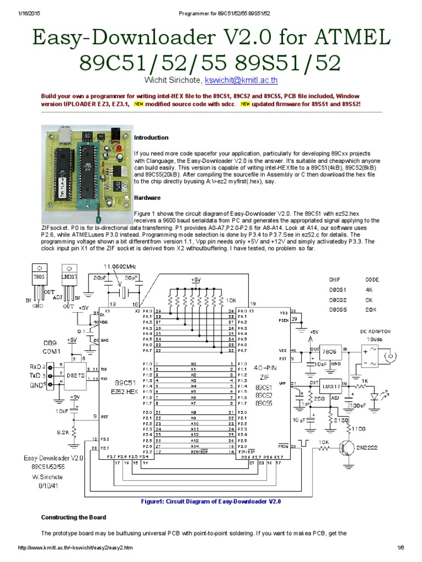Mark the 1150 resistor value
[358, 429]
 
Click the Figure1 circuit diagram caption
[211, 502]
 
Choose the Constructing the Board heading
[74, 518]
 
